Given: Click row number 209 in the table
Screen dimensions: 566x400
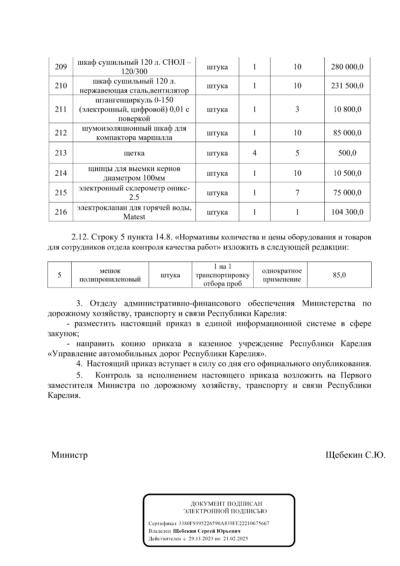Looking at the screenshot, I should (61, 67).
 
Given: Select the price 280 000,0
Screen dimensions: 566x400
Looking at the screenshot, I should (347, 67).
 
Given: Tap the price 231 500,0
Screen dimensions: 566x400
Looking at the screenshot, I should (347, 86).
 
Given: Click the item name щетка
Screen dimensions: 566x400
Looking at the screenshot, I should (134, 153).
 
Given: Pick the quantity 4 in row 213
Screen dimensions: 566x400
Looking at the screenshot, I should (254, 153).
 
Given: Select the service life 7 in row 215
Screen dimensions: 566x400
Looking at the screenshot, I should (297, 193).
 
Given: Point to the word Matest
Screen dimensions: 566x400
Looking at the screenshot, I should (134, 217).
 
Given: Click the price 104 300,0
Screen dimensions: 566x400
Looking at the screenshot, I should (347, 212).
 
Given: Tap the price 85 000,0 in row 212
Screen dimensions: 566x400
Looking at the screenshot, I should (347, 133).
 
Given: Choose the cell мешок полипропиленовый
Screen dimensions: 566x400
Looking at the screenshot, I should (110, 275).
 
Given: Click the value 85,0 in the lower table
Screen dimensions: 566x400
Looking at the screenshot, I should (339, 275).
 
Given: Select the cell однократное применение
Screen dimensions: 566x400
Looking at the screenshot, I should (282, 275).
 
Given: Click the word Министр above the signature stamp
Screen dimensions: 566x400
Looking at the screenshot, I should (69, 455).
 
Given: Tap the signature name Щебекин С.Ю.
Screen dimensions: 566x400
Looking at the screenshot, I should (355, 455).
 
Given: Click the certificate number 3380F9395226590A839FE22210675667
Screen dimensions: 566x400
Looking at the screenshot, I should (224, 523).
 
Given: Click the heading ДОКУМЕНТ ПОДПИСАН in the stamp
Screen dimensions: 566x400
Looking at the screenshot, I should (226, 504).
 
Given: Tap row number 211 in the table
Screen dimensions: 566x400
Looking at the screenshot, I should (61, 109).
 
